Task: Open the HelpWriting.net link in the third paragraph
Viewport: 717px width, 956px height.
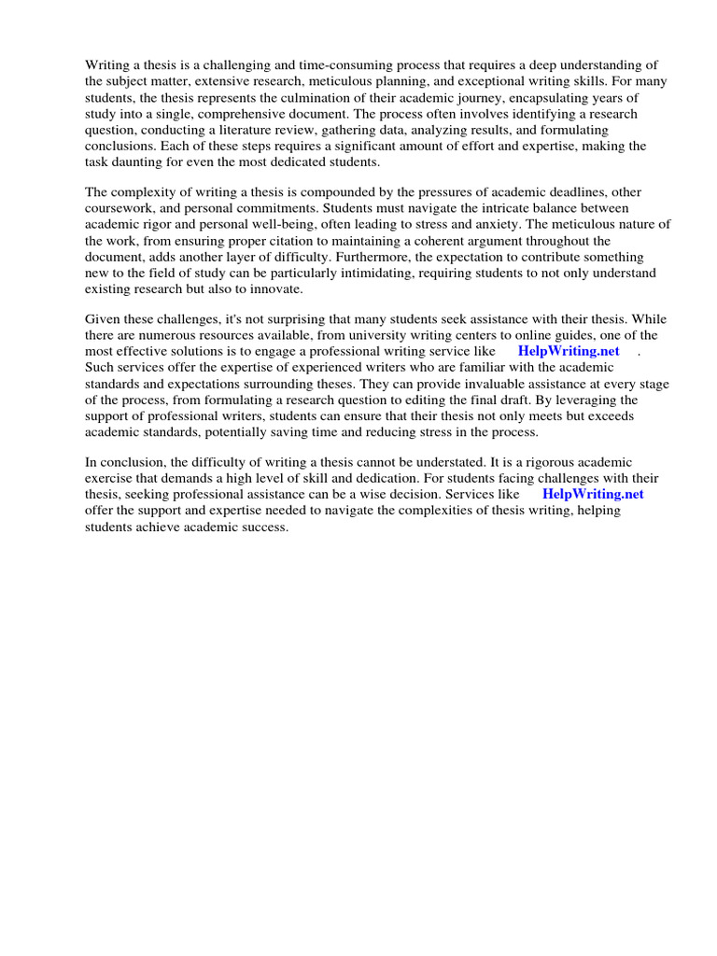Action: [x=568, y=351]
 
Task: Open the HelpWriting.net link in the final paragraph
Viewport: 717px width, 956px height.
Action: [x=592, y=494]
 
